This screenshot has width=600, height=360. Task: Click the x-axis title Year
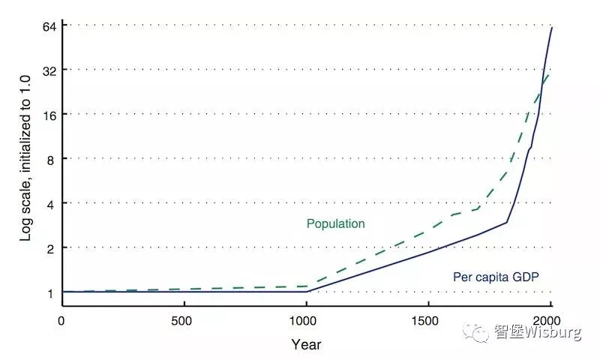[306, 345]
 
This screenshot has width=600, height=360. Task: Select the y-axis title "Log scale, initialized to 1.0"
[25, 158]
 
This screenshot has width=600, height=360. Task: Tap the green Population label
[335, 223]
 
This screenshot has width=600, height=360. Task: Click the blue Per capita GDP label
[496, 277]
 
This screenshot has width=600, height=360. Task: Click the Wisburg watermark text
[537, 332]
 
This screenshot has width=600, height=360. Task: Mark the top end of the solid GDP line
[551, 28]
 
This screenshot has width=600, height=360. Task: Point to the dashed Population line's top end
[550, 74]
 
